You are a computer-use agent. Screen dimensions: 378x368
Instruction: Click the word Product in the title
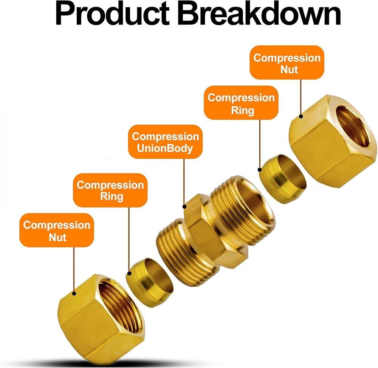pos(112,13)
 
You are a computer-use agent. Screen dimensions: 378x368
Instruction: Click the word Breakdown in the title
pos(259,13)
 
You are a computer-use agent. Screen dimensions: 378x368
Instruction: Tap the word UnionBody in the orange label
pos(165,148)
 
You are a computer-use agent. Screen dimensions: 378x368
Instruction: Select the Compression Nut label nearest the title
pos(287,62)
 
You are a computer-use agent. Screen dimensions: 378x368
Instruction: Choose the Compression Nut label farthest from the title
pos(57,230)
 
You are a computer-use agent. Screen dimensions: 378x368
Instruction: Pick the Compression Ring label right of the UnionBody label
pos(241,103)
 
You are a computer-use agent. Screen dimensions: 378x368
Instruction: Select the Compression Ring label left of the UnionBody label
pos(110,190)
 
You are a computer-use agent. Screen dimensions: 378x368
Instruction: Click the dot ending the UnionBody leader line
pos(185,207)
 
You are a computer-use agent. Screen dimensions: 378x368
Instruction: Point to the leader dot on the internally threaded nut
pos(74,294)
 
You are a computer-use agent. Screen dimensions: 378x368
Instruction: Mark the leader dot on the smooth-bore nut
pos(301,116)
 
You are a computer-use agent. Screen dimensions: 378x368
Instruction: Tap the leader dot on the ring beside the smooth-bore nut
pos(260,170)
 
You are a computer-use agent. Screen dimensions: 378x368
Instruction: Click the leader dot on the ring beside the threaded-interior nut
pos(129,274)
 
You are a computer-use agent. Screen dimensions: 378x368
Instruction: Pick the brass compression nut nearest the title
pos(333,141)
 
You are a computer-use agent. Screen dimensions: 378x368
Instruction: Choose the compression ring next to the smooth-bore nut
pos(283,179)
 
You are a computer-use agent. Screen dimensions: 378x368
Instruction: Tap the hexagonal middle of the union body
pos(216,231)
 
